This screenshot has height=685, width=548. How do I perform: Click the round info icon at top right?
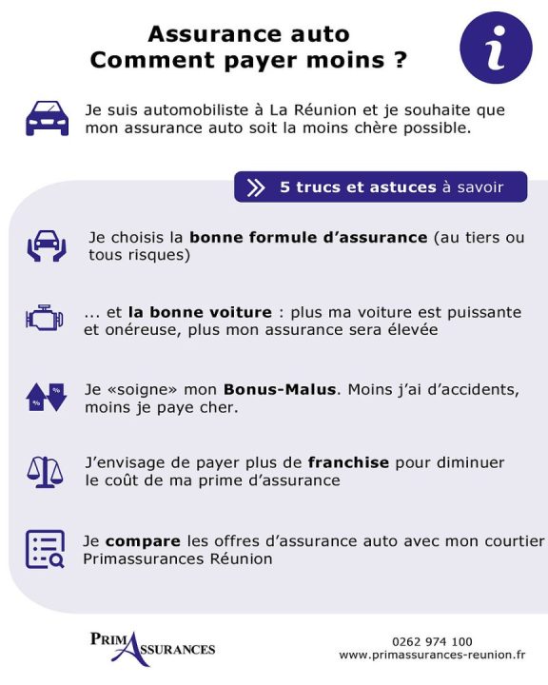click(x=496, y=47)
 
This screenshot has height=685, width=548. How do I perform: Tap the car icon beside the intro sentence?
click(x=47, y=118)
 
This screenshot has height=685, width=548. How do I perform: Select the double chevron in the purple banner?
click(x=256, y=187)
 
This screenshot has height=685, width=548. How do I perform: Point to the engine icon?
click(x=45, y=319)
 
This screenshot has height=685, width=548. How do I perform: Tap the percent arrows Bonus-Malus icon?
click(x=46, y=396)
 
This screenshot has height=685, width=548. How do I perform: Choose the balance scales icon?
click(x=45, y=472)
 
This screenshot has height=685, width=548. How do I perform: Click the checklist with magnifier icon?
click(x=45, y=549)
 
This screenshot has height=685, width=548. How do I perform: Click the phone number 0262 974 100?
click(x=432, y=641)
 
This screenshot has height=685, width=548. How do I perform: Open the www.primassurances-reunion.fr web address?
click(x=432, y=656)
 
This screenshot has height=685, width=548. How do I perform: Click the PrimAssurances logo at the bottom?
click(x=152, y=647)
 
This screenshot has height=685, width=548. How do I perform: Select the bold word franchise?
click(x=348, y=463)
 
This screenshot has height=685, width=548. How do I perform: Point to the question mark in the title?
click(x=400, y=60)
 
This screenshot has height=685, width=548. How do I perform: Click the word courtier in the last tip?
click(x=512, y=540)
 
